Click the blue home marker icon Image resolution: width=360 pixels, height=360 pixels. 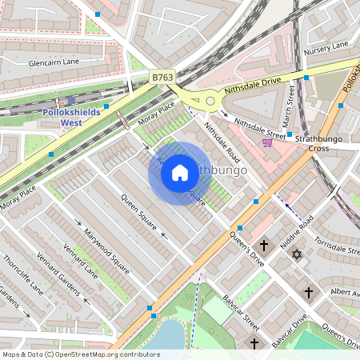tap(180, 173)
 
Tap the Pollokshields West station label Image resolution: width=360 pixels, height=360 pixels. tap(73, 118)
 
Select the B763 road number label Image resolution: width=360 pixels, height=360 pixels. tap(162, 78)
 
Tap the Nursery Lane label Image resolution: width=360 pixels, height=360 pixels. tap(326, 50)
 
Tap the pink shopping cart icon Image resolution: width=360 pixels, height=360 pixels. tap(267, 142)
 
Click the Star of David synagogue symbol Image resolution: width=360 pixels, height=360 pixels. tap(298, 254)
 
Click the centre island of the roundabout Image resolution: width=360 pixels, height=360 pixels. tap(210, 101)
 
